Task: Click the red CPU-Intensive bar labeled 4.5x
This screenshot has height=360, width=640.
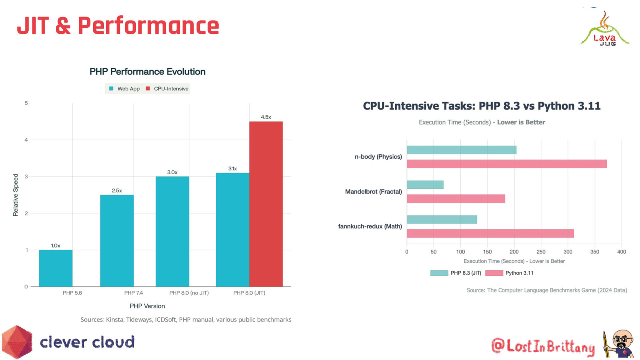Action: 266,204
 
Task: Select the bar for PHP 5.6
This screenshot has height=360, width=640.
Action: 56,268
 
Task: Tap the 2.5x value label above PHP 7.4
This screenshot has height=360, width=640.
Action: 117,191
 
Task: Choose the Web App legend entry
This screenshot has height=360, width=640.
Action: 124,89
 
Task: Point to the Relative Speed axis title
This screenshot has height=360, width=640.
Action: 16,195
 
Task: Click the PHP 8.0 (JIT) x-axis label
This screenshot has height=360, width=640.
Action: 249,293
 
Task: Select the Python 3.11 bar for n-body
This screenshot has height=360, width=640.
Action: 506,164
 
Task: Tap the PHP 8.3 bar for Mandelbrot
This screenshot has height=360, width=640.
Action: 425,184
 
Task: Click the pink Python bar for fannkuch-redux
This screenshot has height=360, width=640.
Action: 490,233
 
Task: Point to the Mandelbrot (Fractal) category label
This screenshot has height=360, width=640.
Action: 373,192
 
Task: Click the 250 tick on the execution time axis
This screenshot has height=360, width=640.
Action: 541,252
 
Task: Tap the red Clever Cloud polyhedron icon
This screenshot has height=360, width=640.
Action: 17,342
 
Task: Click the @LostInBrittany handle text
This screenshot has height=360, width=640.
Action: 543,346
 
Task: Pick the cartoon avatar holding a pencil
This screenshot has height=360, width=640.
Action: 619,344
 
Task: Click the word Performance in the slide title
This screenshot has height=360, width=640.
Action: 148,26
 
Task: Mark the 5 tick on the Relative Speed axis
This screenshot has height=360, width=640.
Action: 26,103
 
